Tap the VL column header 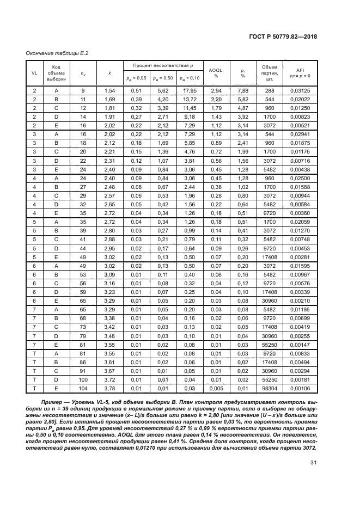coord(34,72)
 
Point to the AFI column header coord(300,72)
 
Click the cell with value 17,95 coord(189,90)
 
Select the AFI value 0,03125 coord(300,90)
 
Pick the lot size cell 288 coord(269,90)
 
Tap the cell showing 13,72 coord(189,100)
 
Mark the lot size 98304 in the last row coord(269,389)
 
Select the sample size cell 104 coord(83,389)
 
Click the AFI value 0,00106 coord(300,389)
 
